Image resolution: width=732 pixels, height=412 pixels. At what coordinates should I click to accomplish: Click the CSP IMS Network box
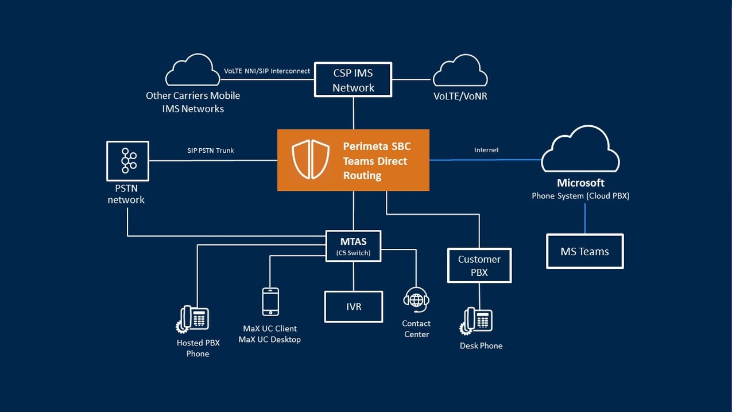[353, 80]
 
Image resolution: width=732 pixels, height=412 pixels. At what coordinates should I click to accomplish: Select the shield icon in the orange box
[311, 160]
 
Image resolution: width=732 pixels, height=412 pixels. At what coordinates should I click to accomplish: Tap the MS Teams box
[584, 251]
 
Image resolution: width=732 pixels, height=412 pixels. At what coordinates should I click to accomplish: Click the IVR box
[354, 306]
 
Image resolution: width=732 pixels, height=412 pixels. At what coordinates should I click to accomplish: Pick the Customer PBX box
[479, 265]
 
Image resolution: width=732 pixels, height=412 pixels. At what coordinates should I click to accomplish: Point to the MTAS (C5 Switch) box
[353, 246]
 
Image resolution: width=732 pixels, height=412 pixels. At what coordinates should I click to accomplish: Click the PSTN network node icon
[127, 160]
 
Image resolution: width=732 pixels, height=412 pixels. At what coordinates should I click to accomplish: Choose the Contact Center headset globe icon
[416, 300]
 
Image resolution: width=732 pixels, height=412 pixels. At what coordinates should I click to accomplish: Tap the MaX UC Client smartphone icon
[270, 302]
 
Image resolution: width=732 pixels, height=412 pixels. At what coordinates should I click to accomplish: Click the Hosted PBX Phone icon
[192, 319]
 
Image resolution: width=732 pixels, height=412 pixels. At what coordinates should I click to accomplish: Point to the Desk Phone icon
[476, 321]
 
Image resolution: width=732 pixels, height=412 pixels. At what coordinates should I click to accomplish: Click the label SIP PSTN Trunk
[211, 151]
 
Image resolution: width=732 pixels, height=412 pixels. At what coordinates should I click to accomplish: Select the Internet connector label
[486, 150]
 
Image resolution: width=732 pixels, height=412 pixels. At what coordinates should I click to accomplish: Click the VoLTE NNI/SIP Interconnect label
[266, 71]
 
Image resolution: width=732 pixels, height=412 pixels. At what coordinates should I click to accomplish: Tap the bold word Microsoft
[580, 183]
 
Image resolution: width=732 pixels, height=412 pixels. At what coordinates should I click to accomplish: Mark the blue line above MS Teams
[585, 218]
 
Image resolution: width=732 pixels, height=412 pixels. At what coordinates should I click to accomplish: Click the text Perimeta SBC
[377, 147]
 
